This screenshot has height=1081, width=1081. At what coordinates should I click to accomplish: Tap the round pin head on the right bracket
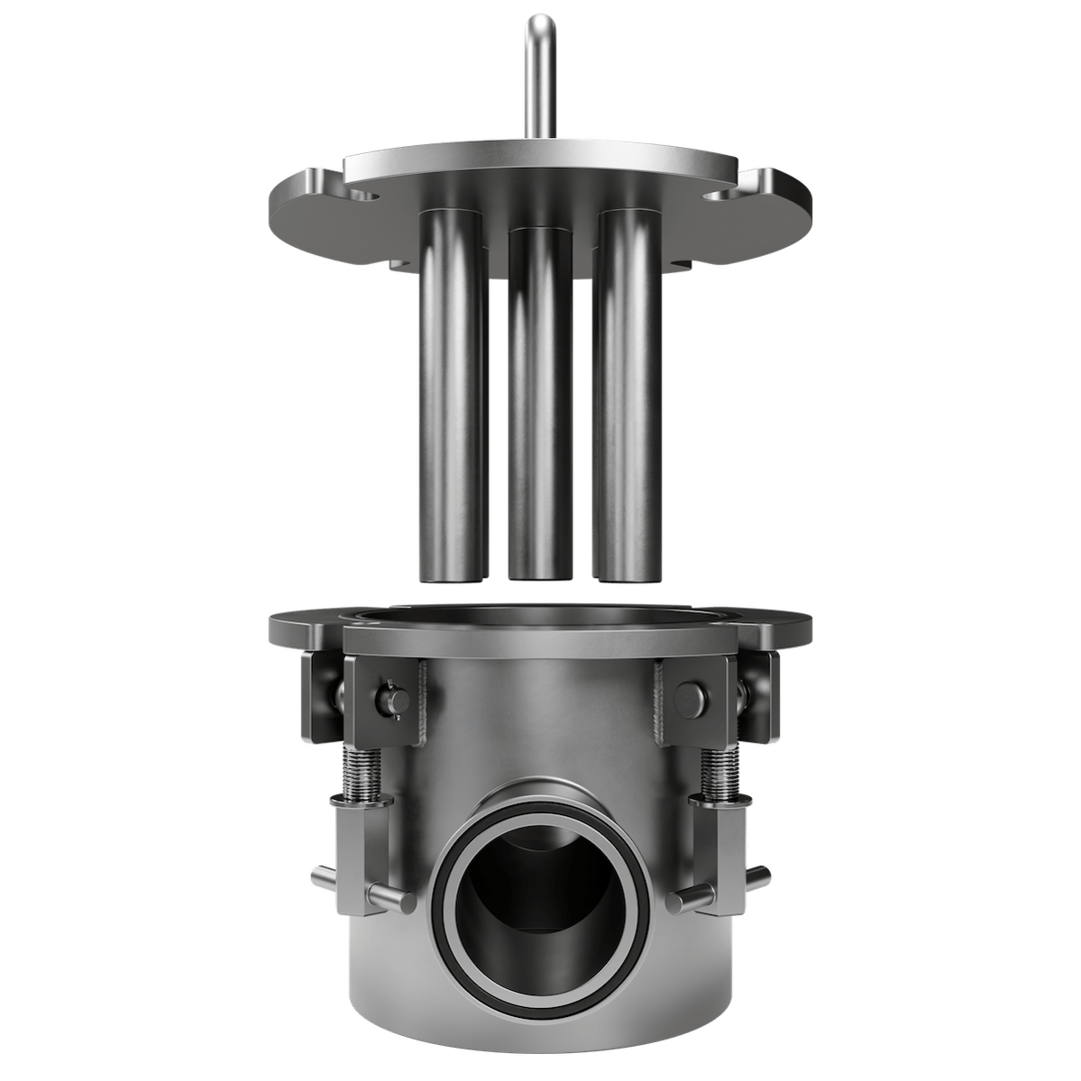(x=690, y=695)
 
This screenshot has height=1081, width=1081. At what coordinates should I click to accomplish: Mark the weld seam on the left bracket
(x=420, y=703)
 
